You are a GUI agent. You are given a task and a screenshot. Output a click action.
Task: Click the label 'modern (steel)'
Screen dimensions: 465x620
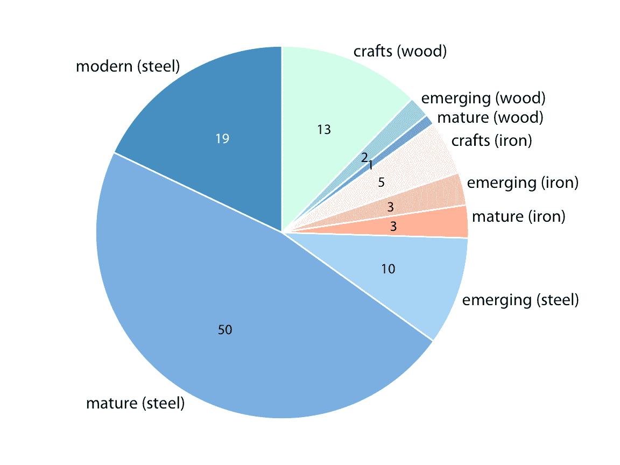point(128,66)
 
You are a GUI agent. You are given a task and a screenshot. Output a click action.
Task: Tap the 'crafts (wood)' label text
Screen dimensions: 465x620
point(400,51)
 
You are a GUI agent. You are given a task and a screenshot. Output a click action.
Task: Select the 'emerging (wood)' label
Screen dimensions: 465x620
point(483,98)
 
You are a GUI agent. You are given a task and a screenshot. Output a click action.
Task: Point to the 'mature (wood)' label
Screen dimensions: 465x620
point(490,117)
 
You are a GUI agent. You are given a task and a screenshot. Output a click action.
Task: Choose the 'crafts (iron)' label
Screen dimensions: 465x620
point(491,140)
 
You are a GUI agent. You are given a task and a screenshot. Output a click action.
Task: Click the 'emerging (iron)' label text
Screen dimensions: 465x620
point(522,182)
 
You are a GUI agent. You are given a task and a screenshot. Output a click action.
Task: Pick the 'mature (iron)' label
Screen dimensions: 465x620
point(518,216)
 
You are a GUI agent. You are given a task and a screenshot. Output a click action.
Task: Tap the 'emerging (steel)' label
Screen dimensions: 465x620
point(520,299)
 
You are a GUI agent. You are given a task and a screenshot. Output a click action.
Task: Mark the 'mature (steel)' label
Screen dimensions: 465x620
point(135,403)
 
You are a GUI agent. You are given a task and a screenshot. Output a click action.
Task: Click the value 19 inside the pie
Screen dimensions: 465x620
point(222,139)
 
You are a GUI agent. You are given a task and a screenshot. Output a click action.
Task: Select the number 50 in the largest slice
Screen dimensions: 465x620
point(225,330)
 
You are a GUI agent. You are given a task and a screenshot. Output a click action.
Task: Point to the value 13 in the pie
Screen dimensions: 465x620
point(324,130)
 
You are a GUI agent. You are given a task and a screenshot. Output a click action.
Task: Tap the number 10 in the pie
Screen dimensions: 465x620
point(388,269)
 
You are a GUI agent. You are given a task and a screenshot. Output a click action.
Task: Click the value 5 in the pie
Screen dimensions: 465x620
point(382,182)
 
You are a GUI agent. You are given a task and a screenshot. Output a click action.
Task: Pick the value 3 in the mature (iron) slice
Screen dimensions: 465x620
point(393,227)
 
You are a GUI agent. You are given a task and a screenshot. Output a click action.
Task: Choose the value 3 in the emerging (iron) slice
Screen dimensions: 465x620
point(391,207)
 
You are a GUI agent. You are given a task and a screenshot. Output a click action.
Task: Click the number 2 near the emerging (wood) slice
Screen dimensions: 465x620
point(364,158)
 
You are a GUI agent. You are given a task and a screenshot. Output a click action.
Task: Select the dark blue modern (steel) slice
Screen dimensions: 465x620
point(215,108)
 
